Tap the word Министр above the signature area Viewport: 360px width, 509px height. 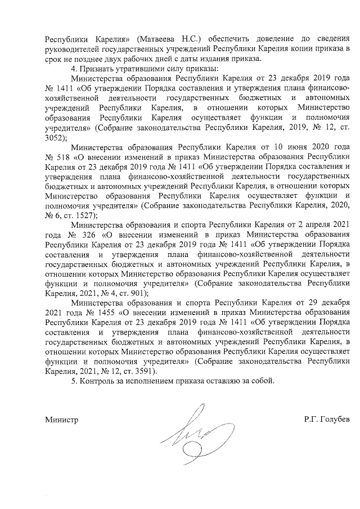(62, 419)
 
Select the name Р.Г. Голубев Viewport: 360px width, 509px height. (326, 419)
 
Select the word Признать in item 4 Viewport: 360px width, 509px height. (94, 69)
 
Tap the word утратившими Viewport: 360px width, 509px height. (135, 69)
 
